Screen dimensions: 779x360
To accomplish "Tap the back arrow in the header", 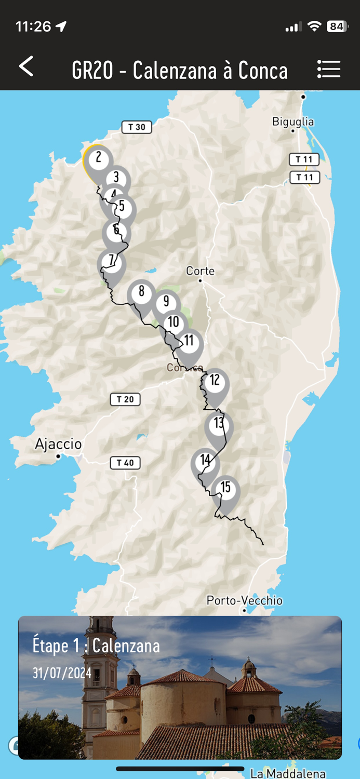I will (x=26, y=67).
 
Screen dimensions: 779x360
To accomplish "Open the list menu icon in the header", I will (x=328, y=69).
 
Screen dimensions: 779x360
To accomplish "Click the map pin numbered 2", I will (x=98, y=158).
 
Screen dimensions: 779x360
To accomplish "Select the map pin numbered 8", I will (x=141, y=292).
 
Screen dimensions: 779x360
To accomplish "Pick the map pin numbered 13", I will (x=219, y=424).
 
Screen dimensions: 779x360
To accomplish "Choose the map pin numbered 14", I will (x=205, y=461).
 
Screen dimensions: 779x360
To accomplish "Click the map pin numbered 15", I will (x=225, y=488).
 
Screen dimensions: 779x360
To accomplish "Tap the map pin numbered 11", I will (x=189, y=342).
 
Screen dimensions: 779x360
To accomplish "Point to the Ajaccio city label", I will (x=58, y=445).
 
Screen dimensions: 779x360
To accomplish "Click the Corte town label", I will (x=201, y=271).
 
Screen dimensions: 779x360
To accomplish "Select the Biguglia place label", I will (x=293, y=122).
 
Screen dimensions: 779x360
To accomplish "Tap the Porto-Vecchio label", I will (x=245, y=601).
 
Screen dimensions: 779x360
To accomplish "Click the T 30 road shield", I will (x=137, y=127).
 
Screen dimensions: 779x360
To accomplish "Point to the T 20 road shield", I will (x=125, y=399).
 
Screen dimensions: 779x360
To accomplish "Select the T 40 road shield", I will (x=125, y=463).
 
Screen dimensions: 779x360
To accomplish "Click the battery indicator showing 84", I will (x=337, y=26).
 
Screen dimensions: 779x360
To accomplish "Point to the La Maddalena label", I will (x=288, y=773).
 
